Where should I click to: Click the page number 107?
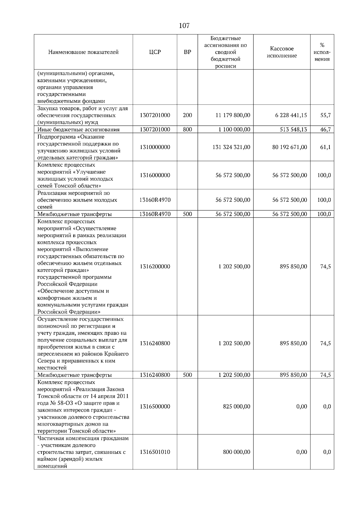(x=184, y=26)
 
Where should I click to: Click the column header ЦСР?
(x=155, y=52)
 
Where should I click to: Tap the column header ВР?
(x=187, y=52)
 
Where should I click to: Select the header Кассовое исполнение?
(x=282, y=52)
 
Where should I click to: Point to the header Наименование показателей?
(x=83, y=52)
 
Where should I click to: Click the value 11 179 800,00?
(x=233, y=115)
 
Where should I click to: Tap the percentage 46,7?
(x=325, y=129)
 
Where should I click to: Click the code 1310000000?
(x=155, y=147)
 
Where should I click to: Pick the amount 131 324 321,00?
(x=231, y=147)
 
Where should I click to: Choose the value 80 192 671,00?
(x=289, y=147)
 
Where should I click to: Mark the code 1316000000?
(x=155, y=175)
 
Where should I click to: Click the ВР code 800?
(x=187, y=129)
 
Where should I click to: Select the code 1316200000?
(x=155, y=266)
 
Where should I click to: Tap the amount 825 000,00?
(x=236, y=406)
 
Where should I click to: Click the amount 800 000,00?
(x=236, y=452)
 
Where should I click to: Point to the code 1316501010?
(x=155, y=452)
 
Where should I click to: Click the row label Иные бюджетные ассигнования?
(x=78, y=129)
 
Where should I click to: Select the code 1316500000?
(x=155, y=406)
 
